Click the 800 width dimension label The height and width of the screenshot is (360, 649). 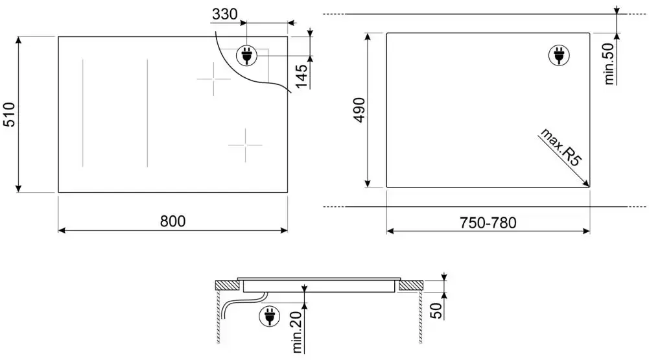(x=172, y=221)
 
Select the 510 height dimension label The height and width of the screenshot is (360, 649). (x=9, y=114)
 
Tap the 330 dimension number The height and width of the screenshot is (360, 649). (x=225, y=14)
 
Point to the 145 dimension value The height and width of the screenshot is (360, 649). (x=301, y=77)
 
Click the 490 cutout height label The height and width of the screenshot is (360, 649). (x=359, y=110)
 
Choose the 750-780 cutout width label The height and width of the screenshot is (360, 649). (x=488, y=223)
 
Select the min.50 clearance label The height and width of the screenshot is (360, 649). (x=609, y=64)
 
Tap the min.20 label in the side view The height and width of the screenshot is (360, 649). (x=298, y=332)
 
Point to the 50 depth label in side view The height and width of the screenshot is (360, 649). (x=436, y=310)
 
